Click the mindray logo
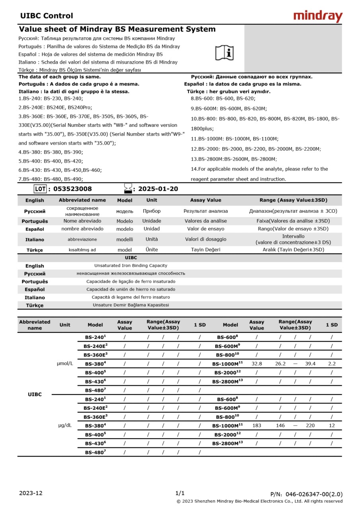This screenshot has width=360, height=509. pos(318,16)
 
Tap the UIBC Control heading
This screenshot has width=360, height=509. pos(47,16)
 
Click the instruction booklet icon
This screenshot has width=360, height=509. pos(225,52)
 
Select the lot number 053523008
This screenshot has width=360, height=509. pos(72,189)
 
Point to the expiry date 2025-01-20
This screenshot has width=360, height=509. pos(158,189)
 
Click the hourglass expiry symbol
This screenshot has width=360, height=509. pos(128,188)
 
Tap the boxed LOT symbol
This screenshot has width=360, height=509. pos(40,189)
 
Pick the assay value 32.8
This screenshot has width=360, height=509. pos(257,363)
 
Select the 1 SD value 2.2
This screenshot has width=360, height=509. pos(332,363)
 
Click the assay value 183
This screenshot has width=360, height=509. pos(257,425)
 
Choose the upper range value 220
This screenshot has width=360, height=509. pos(310,425)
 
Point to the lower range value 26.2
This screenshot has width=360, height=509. pos(280,363)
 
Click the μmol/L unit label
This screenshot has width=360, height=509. pos(65,363)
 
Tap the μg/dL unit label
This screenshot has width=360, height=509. pos(65,425)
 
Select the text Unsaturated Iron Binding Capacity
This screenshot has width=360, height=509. pos(130,266)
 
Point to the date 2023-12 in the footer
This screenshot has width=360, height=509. pos(31,493)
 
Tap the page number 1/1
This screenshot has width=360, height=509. pos(180,493)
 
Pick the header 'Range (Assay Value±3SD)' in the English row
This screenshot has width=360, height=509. pos(293,200)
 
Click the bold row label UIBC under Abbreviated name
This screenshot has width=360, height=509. pos(35,394)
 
